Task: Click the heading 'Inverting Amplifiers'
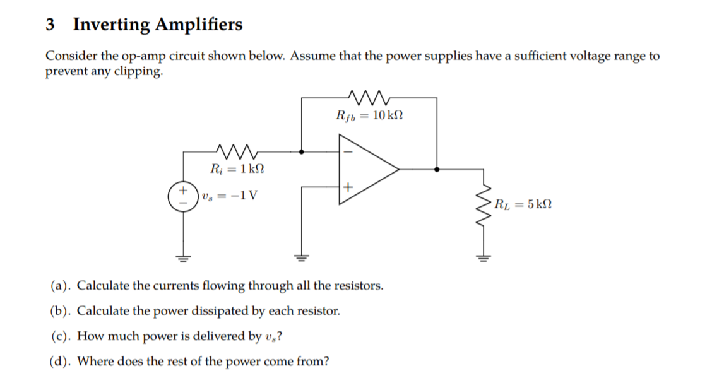point(157,25)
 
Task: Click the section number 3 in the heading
point(50,25)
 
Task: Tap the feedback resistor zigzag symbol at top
point(369,98)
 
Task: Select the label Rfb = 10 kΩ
point(369,115)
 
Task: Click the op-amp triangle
point(366,169)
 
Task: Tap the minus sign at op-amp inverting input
point(347,151)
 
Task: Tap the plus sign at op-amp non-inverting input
point(347,187)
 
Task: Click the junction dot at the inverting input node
point(302,151)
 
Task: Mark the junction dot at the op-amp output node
point(437,169)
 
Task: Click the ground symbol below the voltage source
point(184,257)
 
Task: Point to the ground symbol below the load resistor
point(484,257)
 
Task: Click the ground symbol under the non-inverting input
point(302,257)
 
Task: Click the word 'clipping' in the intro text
point(139,71)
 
